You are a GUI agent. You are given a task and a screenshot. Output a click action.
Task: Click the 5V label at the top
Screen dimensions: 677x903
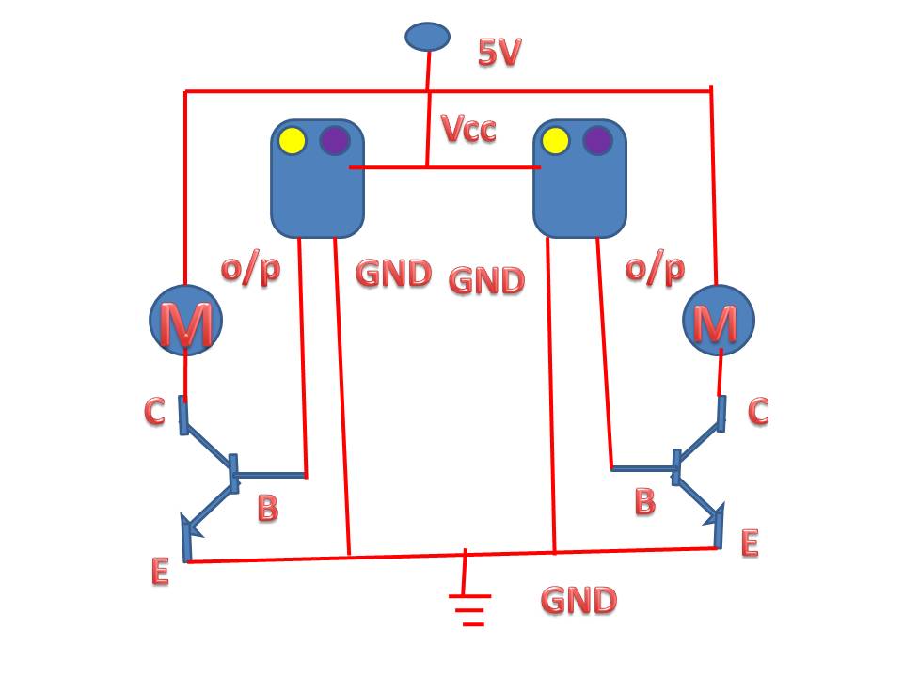(499, 53)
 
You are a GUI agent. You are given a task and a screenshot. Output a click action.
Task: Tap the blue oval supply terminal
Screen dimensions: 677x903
(428, 37)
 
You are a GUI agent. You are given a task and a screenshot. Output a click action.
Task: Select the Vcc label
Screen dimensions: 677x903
(468, 129)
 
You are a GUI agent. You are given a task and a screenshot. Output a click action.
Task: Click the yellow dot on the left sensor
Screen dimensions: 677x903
(293, 141)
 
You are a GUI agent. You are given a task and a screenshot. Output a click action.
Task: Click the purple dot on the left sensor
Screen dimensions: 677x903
(335, 141)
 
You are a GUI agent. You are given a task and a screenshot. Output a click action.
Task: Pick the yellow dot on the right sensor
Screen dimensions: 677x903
(556, 141)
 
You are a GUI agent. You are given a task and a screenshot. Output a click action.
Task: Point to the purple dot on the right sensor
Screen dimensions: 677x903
(597, 141)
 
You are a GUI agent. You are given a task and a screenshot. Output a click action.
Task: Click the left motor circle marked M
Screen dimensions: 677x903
(186, 321)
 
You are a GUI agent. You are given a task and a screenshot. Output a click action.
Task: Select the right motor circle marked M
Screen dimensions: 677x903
(718, 322)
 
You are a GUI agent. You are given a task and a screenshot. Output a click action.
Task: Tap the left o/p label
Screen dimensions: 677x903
(250, 269)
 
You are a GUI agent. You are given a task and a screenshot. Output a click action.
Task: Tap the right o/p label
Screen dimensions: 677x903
(655, 269)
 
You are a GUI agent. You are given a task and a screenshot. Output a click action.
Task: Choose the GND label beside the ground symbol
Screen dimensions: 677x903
(578, 600)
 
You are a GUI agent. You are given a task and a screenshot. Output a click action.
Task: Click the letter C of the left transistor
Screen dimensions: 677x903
(155, 411)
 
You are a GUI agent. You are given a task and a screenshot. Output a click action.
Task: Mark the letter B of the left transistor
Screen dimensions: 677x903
(268, 509)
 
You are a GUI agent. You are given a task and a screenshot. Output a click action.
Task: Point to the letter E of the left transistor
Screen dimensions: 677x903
(160, 571)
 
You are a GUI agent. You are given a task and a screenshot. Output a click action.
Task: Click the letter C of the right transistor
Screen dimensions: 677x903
(757, 411)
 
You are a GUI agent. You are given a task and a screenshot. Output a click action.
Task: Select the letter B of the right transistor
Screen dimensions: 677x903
(644, 501)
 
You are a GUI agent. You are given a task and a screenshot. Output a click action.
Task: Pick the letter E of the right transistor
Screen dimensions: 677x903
(750, 543)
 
